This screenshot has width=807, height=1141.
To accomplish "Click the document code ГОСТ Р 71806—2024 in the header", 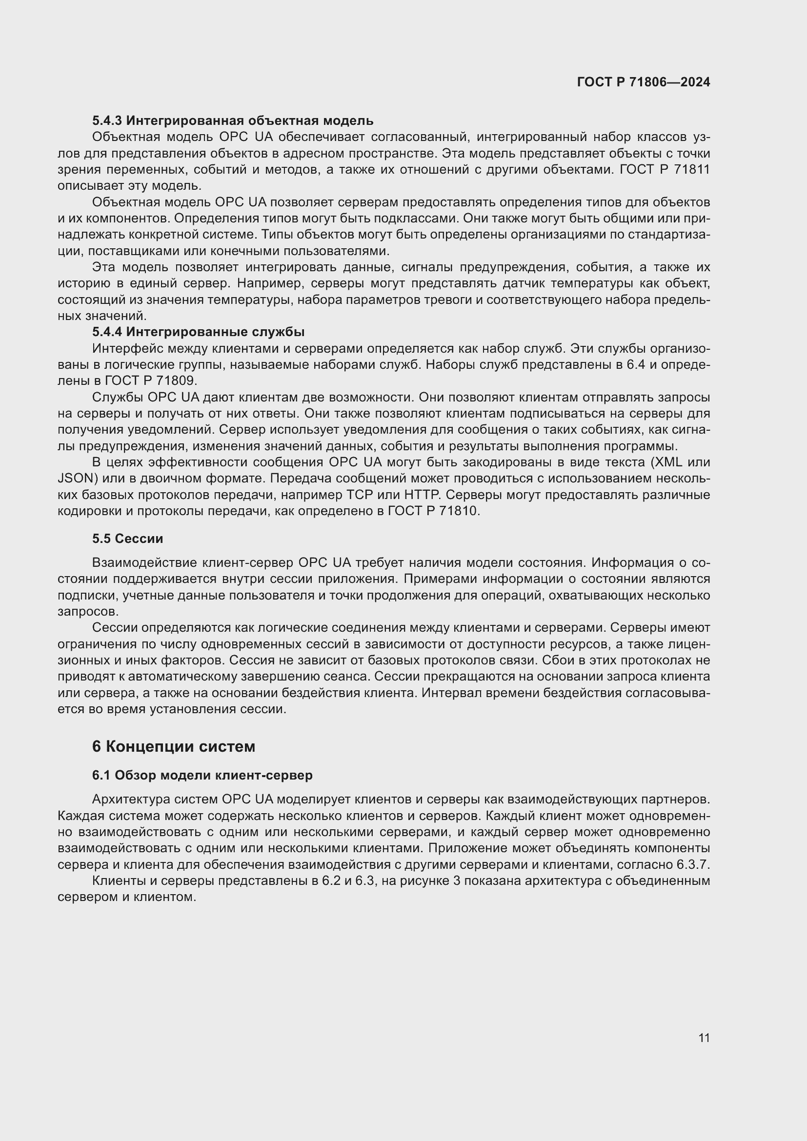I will pyautogui.click(x=644, y=82).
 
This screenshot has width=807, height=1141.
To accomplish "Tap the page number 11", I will pyautogui.click(x=704, y=1038).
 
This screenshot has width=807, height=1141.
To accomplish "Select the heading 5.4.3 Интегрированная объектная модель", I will pyautogui.click(x=233, y=121).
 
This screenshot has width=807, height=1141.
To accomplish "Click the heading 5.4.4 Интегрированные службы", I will pyautogui.click(x=198, y=332).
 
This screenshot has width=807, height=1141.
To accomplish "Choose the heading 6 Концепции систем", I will pyautogui.click(x=173, y=746).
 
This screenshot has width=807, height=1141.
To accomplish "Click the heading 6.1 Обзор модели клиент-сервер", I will pyautogui.click(x=202, y=775).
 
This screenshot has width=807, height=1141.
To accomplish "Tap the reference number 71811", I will pyautogui.click(x=692, y=170).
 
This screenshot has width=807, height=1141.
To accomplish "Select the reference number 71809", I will pyautogui.click(x=177, y=381).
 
